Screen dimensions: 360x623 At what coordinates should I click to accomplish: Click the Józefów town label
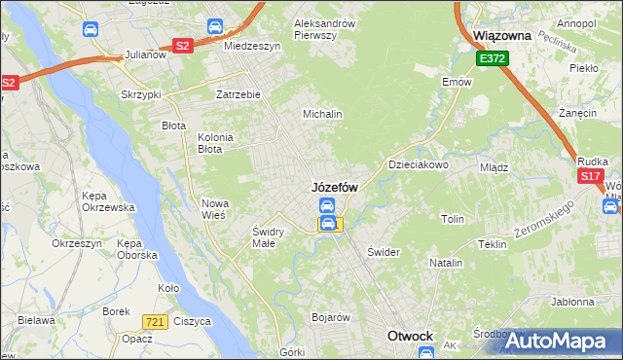point(334,186)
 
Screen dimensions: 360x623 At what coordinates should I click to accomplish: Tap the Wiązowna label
point(500,35)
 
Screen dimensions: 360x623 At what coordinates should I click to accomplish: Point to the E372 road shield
point(492,59)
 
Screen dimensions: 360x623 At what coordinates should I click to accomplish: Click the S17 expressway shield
point(590,176)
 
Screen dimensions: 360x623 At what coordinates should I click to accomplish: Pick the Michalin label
point(322,114)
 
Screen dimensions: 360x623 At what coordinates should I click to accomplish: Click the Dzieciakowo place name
point(419,164)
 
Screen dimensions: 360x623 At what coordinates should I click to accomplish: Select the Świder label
point(384,251)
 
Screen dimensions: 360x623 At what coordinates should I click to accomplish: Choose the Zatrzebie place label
point(238,94)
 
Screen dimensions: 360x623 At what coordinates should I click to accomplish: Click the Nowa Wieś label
point(213,208)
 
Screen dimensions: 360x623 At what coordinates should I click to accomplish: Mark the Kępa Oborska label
point(136,248)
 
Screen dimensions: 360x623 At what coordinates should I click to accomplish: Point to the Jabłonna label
point(571,302)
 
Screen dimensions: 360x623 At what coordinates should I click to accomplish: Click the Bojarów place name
point(330,317)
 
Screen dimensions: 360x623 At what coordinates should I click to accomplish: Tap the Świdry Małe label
point(268,237)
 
